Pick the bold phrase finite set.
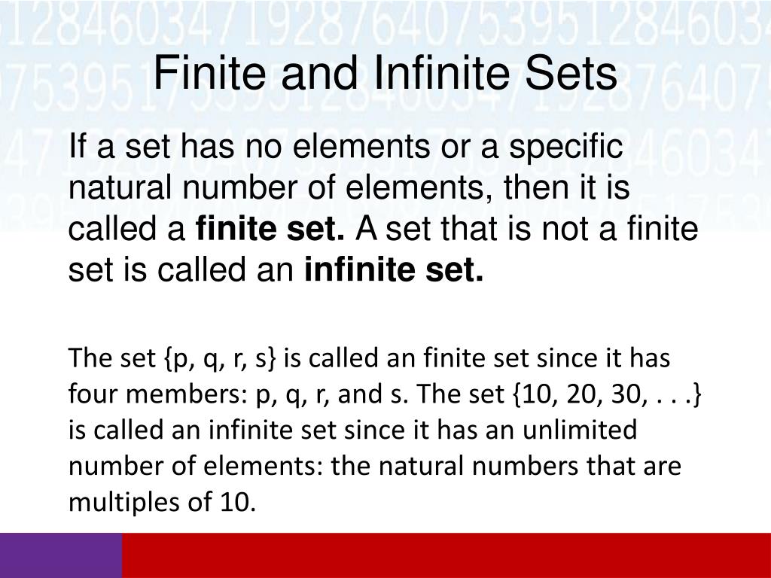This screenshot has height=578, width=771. pos(270,227)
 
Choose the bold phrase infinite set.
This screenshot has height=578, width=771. pos(394,268)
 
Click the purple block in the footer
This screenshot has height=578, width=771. pos(60,555)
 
